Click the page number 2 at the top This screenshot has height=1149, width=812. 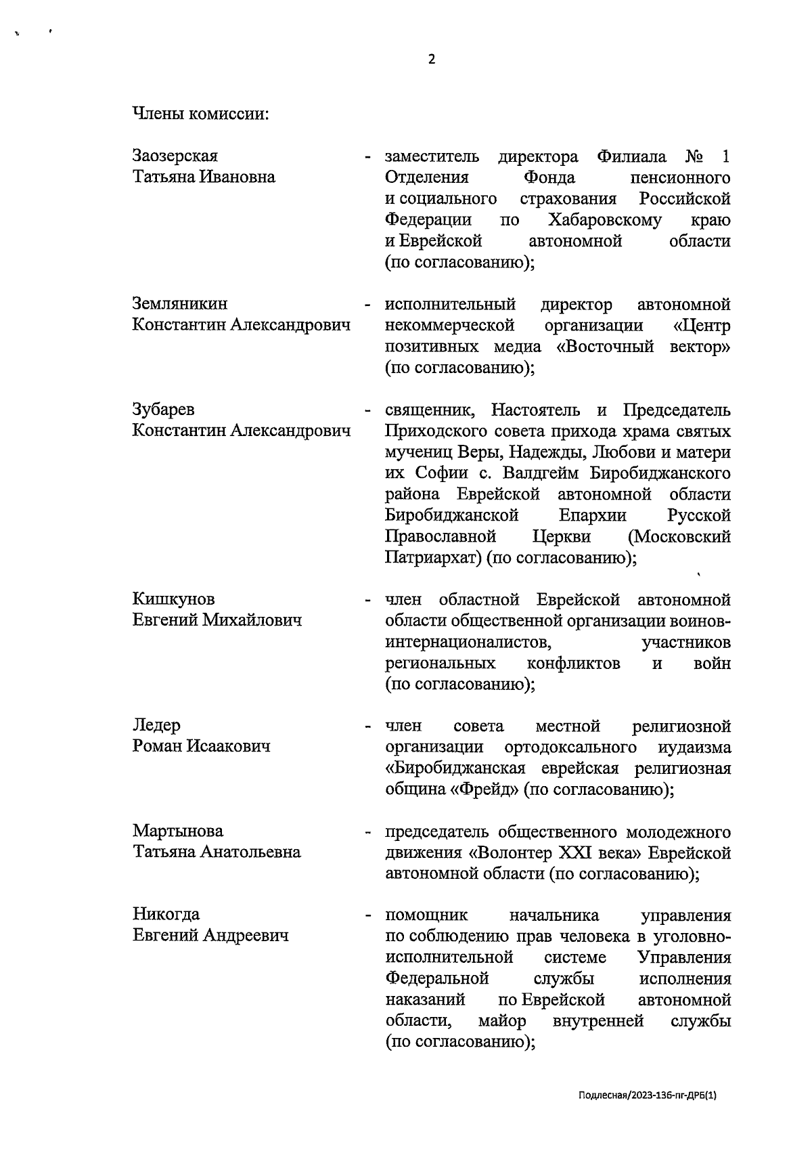[432, 60]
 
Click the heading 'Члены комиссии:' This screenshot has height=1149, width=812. [200, 114]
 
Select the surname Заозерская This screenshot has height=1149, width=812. [175, 156]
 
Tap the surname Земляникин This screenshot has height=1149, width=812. [180, 304]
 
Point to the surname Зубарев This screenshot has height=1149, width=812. [163, 410]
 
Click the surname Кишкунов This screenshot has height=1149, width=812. [174, 599]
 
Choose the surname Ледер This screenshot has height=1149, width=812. [157, 725]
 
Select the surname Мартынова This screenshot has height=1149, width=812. [178, 831]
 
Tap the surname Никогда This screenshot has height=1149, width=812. [166, 915]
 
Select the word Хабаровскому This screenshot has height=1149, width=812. [605, 220]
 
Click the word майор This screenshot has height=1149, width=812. [501, 1020]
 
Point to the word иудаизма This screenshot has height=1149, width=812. [694, 747]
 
